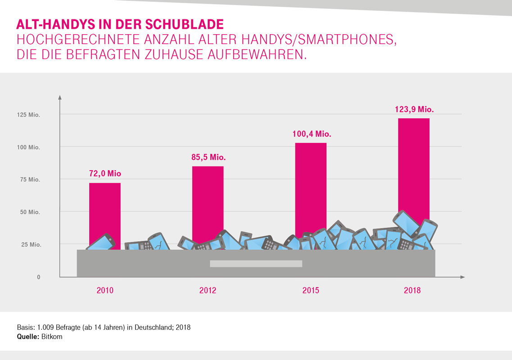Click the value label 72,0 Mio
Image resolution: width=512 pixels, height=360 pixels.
pyautogui.click(x=105, y=174)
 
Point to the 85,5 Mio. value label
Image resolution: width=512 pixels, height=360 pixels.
pyautogui.click(x=208, y=157)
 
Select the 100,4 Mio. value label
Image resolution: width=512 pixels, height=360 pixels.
pyautogui.click(x=311, y=134)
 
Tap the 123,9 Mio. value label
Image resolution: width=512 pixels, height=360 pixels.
pyautogui.click(x=413, y=109)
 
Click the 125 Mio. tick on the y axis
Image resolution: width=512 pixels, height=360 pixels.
pyautogui.click(x=29, y=115)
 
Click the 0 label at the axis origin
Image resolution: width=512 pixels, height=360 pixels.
pyautogui.click(x=39, y=277)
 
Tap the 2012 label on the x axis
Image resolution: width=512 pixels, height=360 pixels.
pyautogui.click(x=208, y=291)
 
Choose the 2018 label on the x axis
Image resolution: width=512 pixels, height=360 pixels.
pyautogui.click(x=412, y=291)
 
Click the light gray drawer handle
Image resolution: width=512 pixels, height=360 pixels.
pyautogui.click(x=256, y=264)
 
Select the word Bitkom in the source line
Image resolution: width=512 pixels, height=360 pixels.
pyautogui.click(x=52, y=337)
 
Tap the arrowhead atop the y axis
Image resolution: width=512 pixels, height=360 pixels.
pyautogui.click(x=60, y=96)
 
